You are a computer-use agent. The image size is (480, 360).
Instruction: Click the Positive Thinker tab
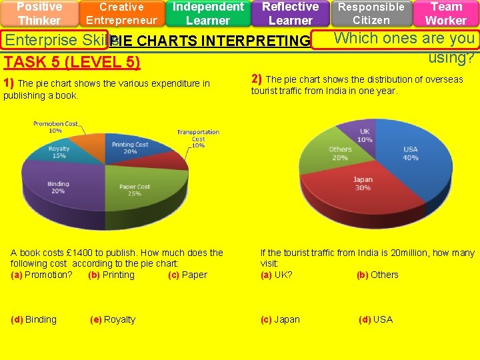pos(39,13)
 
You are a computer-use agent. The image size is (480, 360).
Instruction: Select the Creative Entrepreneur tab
pos(121,13)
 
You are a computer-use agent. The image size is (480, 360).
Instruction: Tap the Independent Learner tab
pos(208,13)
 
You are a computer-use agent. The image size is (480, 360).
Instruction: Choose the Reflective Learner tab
pos(290,13)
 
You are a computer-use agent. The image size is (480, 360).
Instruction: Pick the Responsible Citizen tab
pos(371,13)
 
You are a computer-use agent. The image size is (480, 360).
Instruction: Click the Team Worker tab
pos(446,13)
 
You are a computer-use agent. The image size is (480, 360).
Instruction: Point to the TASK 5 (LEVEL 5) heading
pos(72,63)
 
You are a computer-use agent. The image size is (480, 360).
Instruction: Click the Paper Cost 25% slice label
pos(135,190)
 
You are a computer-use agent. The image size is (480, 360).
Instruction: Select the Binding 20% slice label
pos(58,187)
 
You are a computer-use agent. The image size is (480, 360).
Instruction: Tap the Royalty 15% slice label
pos(59,153)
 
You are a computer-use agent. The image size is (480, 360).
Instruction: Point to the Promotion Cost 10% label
pos(55,127)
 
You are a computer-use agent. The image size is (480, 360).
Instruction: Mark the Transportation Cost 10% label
pos(198,138)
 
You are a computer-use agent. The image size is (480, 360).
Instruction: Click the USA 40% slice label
pos(411,153)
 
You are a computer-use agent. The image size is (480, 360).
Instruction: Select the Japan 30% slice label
pos(363,183)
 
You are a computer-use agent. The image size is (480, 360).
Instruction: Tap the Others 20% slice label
pos(340,153)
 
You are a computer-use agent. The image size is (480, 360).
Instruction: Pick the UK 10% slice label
pos(365,135)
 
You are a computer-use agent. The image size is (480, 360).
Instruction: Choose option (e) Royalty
pos(113,319)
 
